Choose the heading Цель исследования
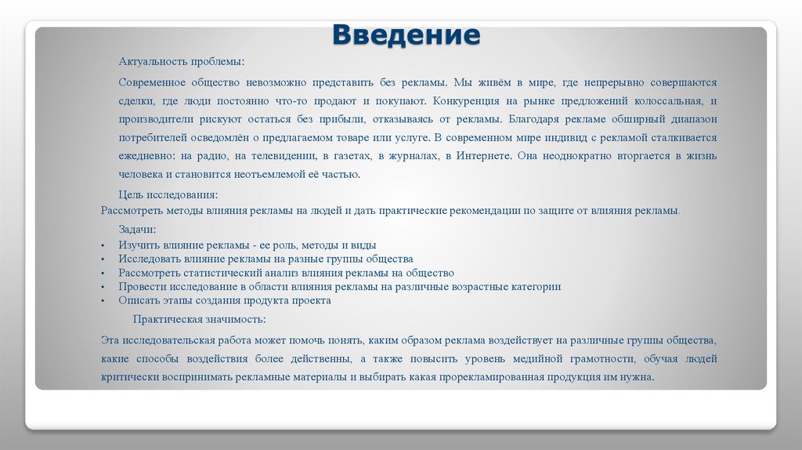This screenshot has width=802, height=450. tap(168, 194)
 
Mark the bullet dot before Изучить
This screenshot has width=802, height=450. tap(103, 245)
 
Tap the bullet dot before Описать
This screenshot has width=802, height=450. tap(103, 300)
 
